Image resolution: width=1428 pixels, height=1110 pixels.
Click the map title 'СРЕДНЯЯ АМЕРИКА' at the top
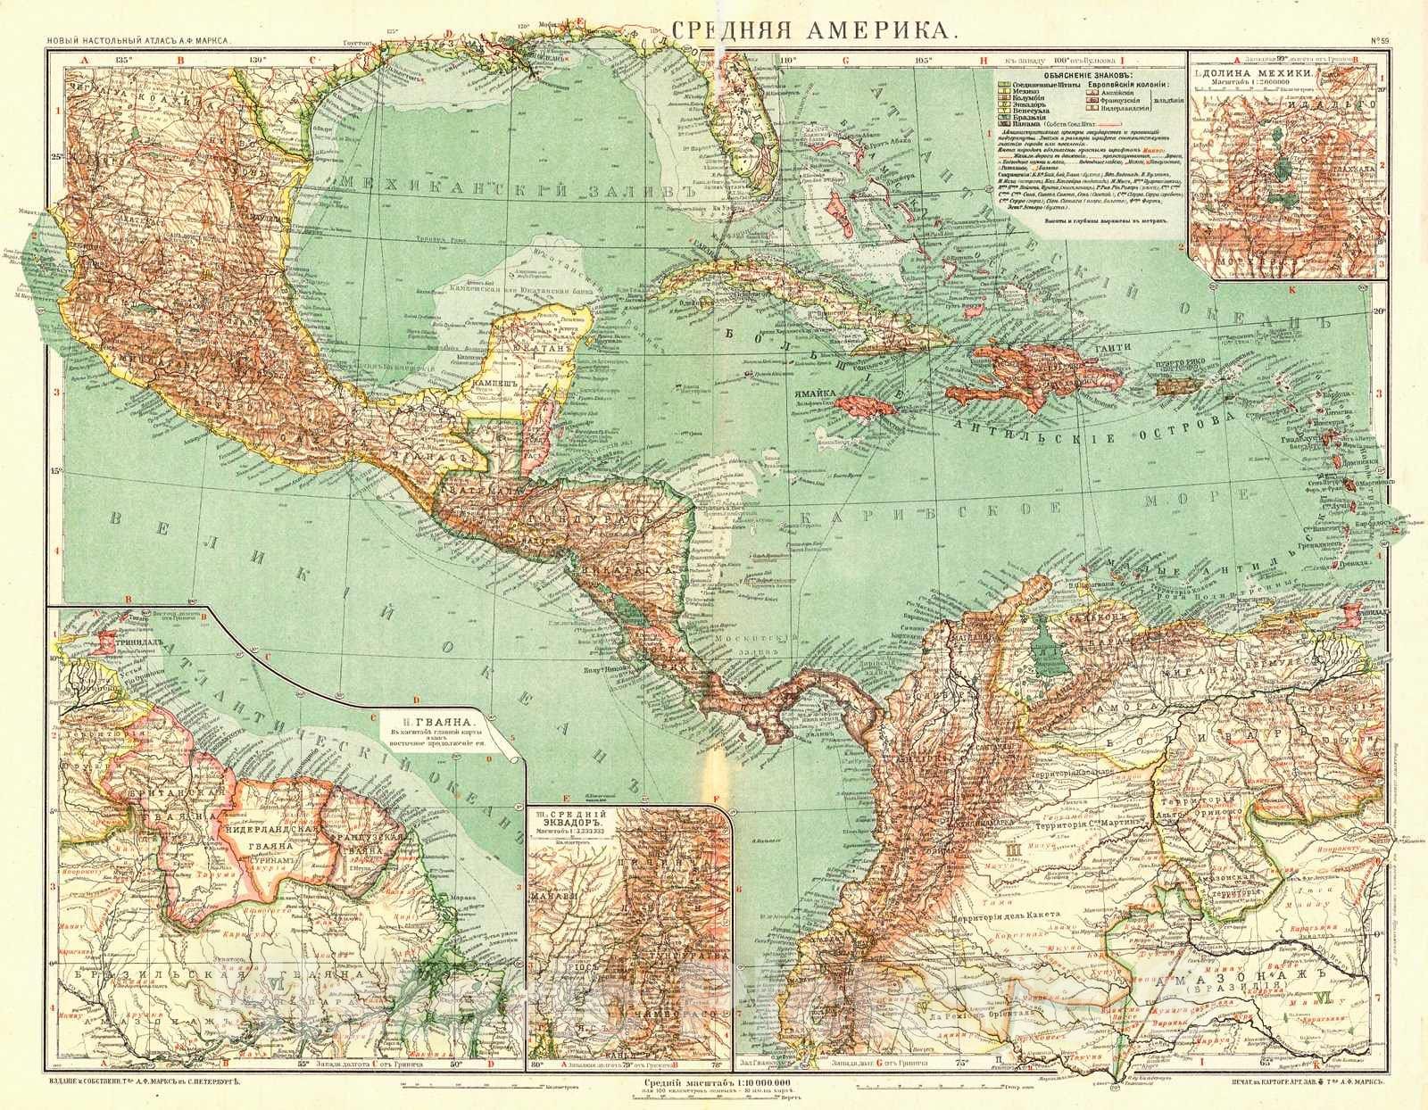click(x=814, y=29)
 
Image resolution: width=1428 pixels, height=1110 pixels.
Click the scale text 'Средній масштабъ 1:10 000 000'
click(x=715, y=1083)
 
